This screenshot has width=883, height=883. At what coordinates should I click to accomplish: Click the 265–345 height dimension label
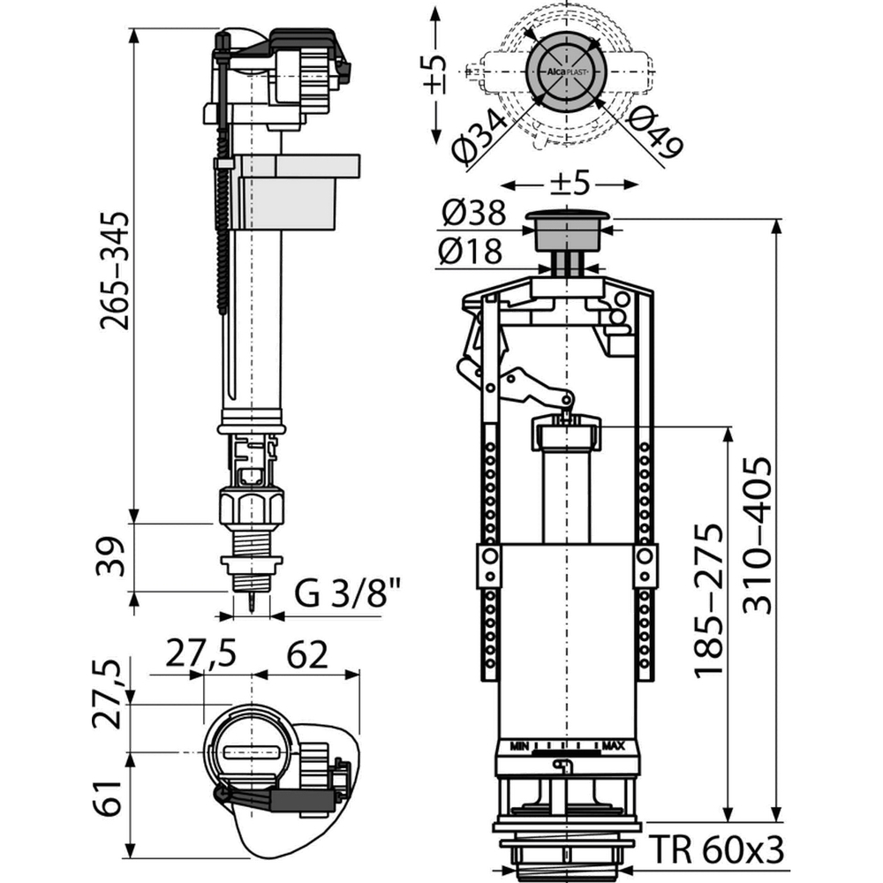click(x=115, y=270)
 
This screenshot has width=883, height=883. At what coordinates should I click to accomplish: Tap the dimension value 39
click(x=109, y=557)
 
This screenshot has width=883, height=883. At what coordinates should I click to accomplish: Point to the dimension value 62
click(x=307, y=655)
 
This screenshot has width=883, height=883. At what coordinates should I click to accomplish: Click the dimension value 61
click(x=107, y=798)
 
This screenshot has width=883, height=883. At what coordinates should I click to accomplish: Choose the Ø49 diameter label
click(x=654, y=133)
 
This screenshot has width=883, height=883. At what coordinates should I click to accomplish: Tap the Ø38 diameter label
click(x=474, y=214)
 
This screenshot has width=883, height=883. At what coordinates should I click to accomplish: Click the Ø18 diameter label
click(x=470, y=251)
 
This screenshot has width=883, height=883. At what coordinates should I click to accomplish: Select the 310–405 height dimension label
click(x=757, y=534)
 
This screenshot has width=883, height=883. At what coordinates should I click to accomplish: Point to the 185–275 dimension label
click(x=707, y=600)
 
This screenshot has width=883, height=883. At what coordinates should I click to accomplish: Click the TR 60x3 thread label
click(x=716, y=849)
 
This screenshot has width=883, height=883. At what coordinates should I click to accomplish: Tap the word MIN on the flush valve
click(x=519, y=747)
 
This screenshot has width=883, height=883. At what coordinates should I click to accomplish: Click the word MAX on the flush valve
click(x=614, y=746)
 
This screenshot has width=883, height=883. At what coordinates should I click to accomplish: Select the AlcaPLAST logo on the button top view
click(x=566, y=72)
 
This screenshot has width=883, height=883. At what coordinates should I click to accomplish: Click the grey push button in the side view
click(x=568, y=230)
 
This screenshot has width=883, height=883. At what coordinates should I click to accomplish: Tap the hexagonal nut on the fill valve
click(x=251, y=508)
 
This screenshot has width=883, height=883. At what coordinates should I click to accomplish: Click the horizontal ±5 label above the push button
click(x=570, y=183)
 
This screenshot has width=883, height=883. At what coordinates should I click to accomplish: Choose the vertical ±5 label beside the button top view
click(x=434, y=73)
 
